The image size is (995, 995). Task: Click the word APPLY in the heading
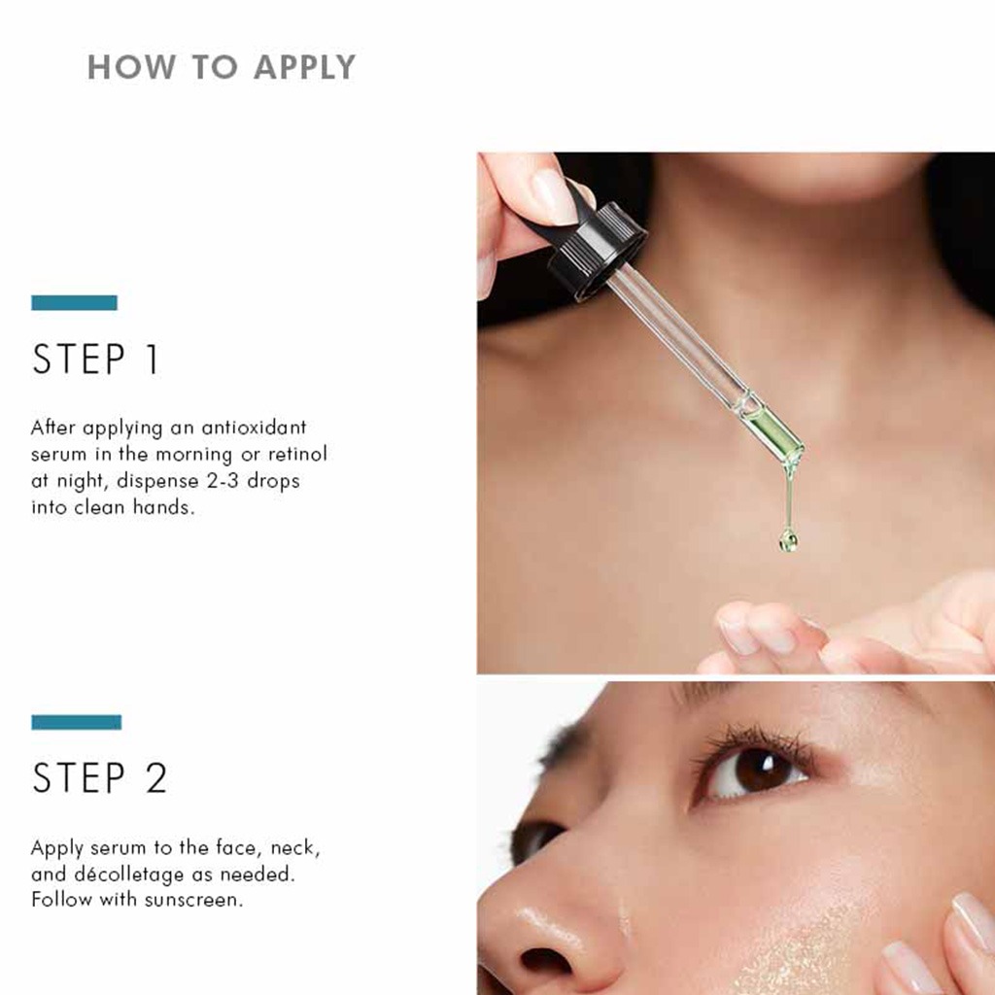pyautogui.click(x=305, y=67)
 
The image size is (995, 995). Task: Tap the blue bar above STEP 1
pyautogui.click(x=74, y=303)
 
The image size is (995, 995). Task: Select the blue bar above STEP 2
pyautogui.click(x=76, y=722)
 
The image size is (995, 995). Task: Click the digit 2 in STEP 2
pyautogui.click(x=155, y=779)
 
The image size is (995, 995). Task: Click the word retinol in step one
pyautogui.click(x=297, y=454)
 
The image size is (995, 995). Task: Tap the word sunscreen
pyautogui.click(x=191, y=900)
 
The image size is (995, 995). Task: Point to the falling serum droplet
pyautogui.click(x=788, y=539)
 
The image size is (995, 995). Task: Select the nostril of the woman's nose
pyautogui.click(x=544, y=960)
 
